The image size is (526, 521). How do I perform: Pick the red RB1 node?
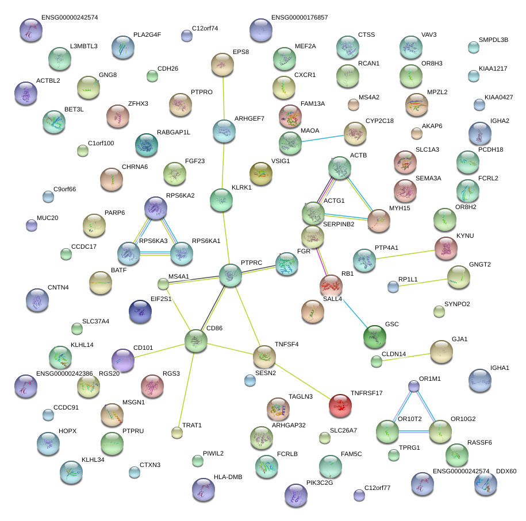(331, 286)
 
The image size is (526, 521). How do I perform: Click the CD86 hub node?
(195, 341)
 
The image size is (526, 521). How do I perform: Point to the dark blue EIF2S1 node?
(140, 311)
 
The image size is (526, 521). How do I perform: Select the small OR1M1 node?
(414, 386)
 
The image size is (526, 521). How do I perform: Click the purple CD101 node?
(122, 361)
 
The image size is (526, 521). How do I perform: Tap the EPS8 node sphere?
(222, 64)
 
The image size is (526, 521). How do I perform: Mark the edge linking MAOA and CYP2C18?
(322, 138)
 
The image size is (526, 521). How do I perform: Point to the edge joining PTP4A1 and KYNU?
(405, 254)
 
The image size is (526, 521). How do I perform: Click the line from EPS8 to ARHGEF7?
(223, 98)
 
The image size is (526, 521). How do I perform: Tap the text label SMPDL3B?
(493, 40)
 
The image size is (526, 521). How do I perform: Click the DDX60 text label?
(506, 472)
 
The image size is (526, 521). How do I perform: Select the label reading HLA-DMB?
(228, 477)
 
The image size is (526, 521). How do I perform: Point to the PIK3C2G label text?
(320, 483)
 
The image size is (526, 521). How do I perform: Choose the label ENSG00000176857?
(299, 18)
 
